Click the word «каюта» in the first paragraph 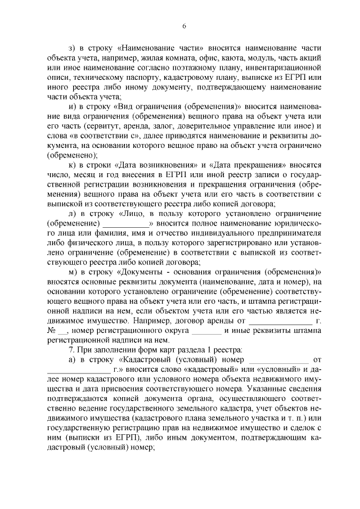tap(229, 58)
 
